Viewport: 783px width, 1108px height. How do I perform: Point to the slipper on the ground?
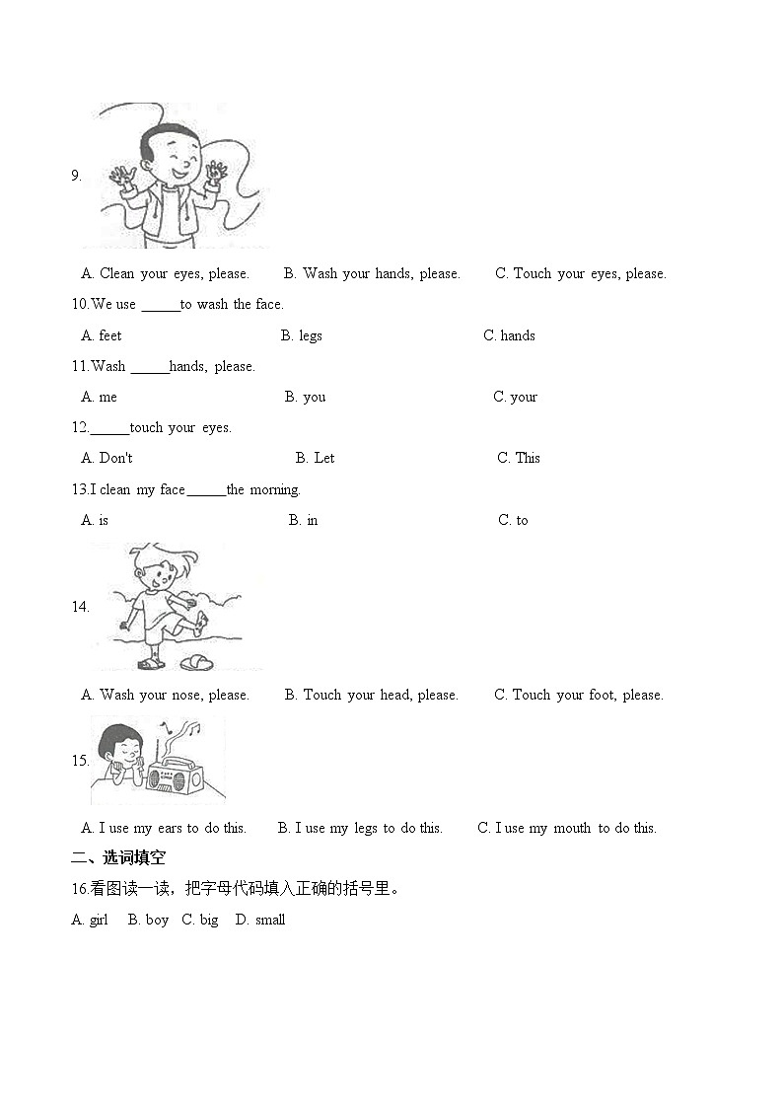(195, 661)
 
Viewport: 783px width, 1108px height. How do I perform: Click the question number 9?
(76, 176)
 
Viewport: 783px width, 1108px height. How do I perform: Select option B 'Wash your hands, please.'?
(371, 273)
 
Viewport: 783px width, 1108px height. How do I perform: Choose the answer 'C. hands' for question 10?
(509, 335)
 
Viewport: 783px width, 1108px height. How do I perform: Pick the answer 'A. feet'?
(102, 335)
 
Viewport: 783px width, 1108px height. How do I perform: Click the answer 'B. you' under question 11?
(305, 397)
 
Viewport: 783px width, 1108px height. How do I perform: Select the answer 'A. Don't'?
(107, 458)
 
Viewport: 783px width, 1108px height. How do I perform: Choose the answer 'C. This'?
(519, 458)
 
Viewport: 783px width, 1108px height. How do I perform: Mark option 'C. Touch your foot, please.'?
(578, 695)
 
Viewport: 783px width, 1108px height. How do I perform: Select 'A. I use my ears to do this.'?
(164, 828)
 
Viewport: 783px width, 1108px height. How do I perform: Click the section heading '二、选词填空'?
(118, 858)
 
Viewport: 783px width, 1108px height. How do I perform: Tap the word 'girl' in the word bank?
(99, 920)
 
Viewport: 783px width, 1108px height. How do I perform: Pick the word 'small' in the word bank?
(269, 920)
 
